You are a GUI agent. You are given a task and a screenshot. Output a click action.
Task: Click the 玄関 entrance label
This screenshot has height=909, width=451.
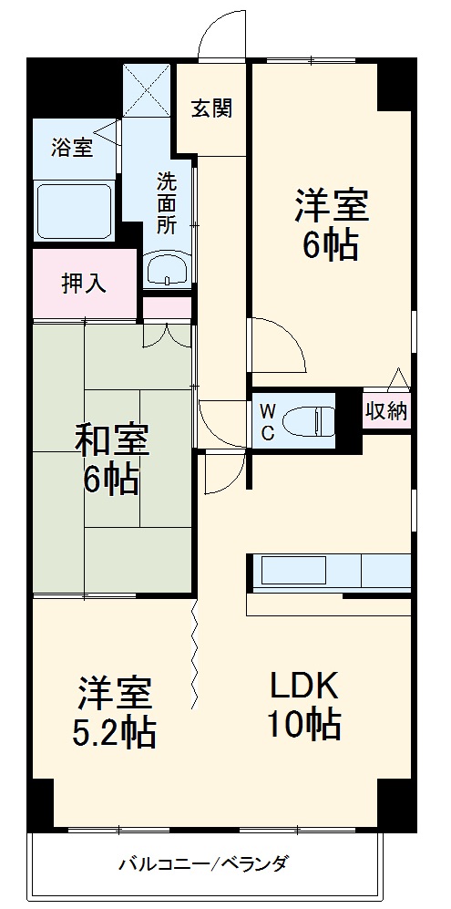coord(211,108)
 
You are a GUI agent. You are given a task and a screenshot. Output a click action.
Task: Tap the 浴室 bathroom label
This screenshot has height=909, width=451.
coord(72,147)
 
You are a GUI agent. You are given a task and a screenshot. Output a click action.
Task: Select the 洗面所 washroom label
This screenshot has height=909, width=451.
coord(166,200)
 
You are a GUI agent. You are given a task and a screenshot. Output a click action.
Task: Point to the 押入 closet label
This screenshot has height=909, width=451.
coord(84,283)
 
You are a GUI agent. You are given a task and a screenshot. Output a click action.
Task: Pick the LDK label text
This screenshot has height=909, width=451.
coord(303,684)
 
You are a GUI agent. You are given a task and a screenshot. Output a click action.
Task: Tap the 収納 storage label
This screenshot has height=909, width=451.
coord(385,411)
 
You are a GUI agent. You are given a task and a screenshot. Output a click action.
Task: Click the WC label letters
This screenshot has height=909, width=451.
coord(267,421)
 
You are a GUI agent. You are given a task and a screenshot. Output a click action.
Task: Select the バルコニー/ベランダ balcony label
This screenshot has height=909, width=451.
coord(203,863)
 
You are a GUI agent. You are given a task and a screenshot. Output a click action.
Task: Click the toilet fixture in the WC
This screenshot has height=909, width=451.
coord(308,421)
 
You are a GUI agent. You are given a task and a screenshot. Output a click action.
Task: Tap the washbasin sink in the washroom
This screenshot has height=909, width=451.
coord(167,269)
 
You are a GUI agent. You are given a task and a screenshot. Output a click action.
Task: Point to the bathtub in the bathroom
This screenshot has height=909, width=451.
coord(74,211)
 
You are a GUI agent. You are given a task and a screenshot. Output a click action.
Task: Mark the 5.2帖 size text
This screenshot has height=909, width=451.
coord(113,729)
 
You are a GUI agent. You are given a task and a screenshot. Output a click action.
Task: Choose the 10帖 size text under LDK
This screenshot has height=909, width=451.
coord(303,725)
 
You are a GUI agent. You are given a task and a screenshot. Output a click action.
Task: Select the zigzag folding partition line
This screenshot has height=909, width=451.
coord(195,652)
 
